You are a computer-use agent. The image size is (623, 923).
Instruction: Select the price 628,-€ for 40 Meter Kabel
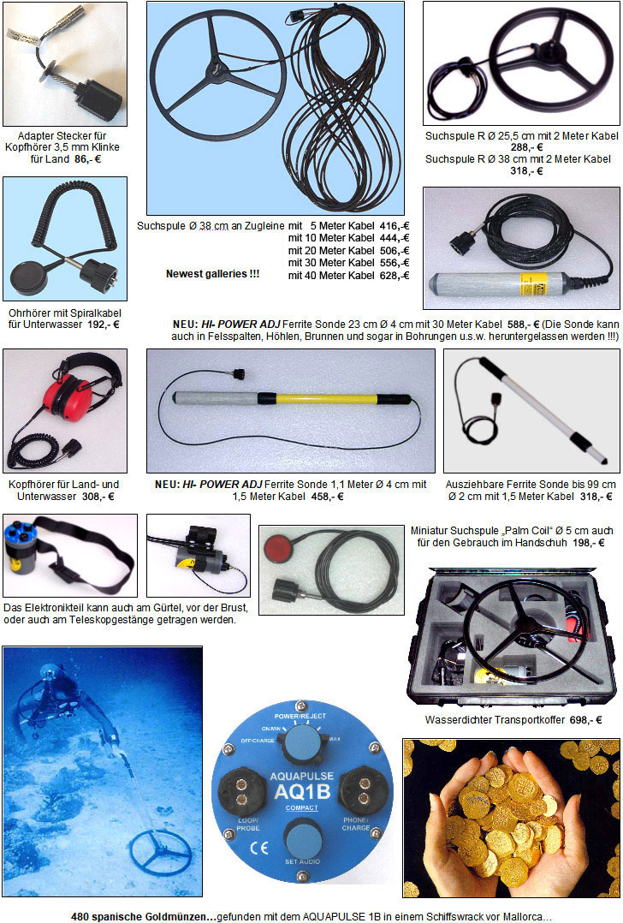(394, 276)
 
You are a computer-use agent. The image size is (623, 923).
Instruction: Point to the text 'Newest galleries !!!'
(212, 274)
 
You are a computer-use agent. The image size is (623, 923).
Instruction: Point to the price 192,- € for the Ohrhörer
(103, 325)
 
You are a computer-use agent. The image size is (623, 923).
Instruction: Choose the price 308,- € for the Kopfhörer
(98, 496)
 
